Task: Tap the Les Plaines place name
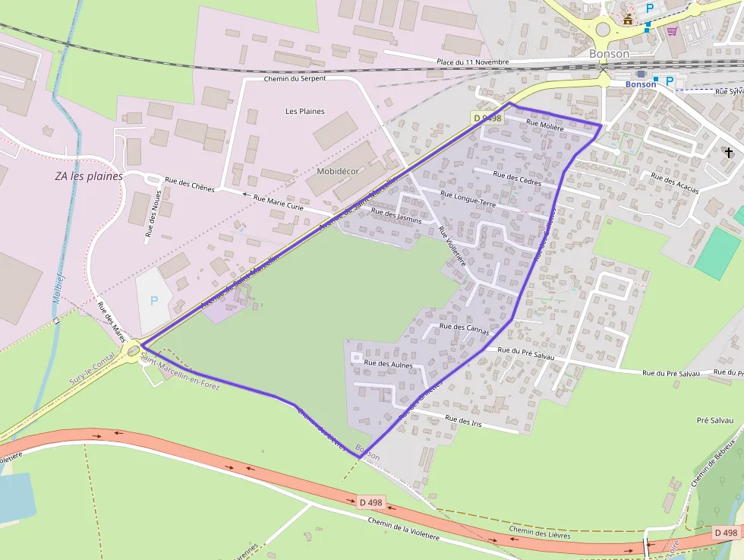[x=304, y=111]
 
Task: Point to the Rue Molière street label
[x=544, y=127]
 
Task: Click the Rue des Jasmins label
[x=396, y=215]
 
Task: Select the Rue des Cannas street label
[x=465, y=329]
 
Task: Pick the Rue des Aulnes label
[x=389, y=364]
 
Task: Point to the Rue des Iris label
[x=463, y=419]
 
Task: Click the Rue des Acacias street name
[x=675, y=183]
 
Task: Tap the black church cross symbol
[x=729, y=153]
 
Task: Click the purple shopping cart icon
[x=672, y=31]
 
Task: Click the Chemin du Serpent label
[x=295, y=78]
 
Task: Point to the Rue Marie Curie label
[x=278, y=202]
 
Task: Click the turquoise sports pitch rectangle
[x=717, y=254]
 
